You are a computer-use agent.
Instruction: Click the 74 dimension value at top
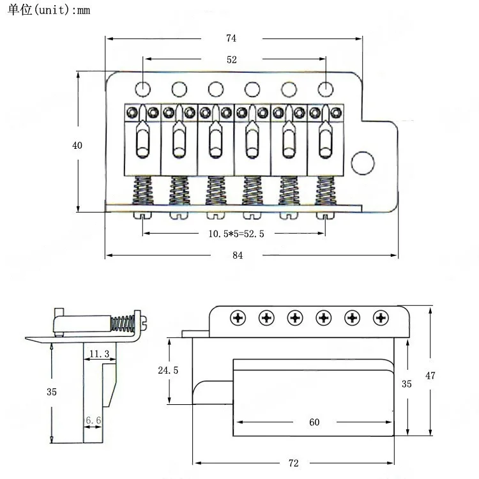point(231,38)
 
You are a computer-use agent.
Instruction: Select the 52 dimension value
point(231,59)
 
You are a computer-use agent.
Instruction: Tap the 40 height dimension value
point(77,145)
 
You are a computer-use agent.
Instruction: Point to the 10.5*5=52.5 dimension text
point(236,234)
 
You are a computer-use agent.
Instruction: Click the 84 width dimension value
point(238,255)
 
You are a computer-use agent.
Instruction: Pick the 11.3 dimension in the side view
point(99,353)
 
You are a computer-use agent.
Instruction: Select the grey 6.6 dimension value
point(94,420)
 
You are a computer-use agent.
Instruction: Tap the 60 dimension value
point(314,422)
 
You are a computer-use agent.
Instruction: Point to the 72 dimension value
point(293,462)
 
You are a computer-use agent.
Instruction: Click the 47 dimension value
point(430,376)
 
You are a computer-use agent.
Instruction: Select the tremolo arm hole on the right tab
point(362,162)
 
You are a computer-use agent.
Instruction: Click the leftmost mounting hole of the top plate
point(144,88)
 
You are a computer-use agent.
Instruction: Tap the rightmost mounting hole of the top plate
point(326,88)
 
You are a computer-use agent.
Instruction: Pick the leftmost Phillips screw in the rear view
point(238,317)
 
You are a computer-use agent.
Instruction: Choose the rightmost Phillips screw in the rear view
point(381,317)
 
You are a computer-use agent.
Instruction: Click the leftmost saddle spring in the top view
point(142,190)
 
